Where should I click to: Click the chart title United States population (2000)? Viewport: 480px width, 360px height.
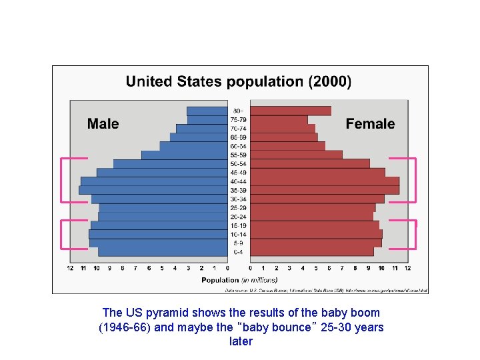238,82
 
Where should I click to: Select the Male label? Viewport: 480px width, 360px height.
103,124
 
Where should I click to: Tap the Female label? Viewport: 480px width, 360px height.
370,124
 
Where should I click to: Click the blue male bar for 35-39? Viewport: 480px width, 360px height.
153,190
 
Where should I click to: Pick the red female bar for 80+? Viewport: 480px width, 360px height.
290,111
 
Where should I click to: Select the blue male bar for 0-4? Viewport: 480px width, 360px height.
163,252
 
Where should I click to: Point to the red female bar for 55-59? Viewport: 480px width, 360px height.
296,155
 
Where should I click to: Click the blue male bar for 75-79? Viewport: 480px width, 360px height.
207,120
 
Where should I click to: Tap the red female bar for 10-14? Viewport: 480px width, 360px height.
316,235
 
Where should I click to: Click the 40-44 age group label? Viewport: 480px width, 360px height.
238,181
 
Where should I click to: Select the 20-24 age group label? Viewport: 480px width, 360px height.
238,217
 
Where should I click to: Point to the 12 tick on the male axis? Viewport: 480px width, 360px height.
70,268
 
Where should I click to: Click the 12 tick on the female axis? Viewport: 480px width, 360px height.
407,268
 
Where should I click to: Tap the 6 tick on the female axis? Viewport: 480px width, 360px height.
329,268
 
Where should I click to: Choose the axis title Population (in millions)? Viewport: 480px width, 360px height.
239,280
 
